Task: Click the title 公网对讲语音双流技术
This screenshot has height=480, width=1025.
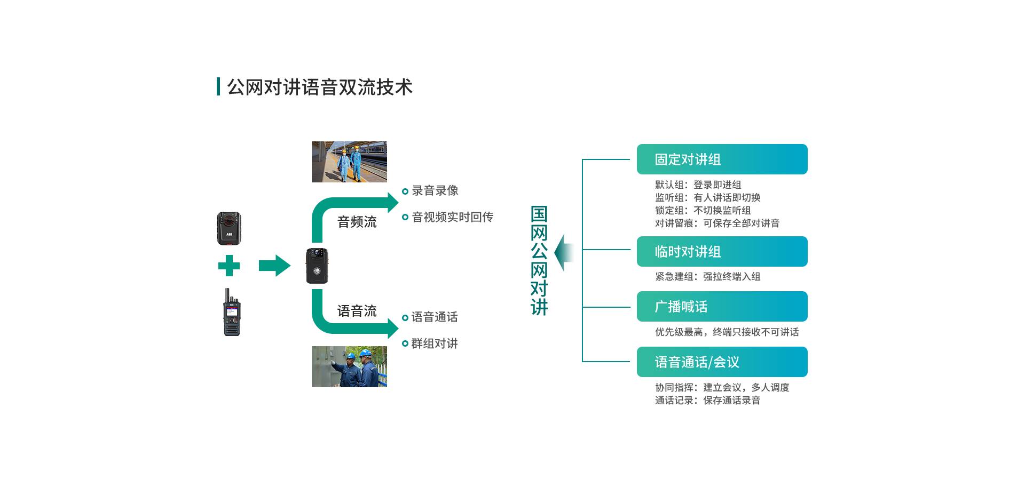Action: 319,87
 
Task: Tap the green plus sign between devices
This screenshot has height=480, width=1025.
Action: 229,266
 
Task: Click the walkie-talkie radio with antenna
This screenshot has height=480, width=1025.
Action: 232,314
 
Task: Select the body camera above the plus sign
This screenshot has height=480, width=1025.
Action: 229,228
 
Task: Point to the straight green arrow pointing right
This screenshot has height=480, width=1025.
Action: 274,266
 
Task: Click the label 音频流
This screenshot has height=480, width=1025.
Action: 357,222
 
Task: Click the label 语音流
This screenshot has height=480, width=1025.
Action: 357,311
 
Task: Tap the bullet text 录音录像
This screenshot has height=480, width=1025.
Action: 435,190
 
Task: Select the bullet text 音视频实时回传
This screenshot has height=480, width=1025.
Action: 452,217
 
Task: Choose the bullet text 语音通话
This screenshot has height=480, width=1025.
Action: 434,317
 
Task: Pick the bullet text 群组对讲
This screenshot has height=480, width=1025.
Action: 434,343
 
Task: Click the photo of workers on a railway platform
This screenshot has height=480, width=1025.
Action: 349,162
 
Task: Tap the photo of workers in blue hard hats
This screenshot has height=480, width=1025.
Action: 349,366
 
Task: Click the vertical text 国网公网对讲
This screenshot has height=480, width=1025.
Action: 539,260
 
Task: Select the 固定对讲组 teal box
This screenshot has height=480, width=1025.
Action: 722,159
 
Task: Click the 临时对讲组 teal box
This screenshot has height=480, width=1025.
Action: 722,252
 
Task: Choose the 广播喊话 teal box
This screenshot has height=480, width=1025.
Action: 722,307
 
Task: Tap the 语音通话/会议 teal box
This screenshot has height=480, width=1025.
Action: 722,362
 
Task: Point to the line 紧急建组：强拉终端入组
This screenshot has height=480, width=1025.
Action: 707,276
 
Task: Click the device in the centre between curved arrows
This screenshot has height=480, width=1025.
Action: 317,266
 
